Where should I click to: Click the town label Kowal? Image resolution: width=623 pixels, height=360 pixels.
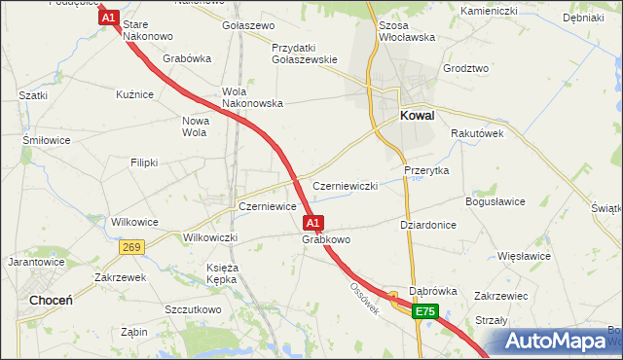point(418,116)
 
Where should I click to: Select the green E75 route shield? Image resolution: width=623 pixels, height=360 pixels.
point(424,311)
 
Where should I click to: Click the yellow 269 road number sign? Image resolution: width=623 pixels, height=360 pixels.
point(132,248)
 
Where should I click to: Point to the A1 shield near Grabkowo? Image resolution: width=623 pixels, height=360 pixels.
point(313,223)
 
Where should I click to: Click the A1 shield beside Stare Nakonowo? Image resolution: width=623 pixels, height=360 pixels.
point(108,18)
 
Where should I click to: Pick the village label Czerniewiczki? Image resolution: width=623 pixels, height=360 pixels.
point(345,186)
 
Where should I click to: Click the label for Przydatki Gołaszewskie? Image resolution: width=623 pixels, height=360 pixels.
point(306,53)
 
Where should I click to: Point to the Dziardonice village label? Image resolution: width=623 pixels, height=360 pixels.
point(429,224)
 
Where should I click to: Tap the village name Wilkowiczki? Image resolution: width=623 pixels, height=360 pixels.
point(211,237)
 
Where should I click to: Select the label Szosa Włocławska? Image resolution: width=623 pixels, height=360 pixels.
point(406,30)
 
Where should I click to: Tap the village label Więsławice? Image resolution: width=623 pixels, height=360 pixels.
point(524,256)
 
